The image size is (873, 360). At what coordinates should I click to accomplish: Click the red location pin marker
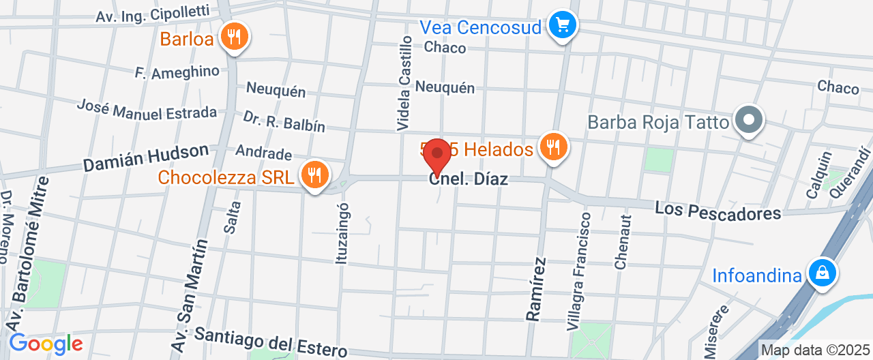436,155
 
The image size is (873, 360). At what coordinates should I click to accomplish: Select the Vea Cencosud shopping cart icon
563,26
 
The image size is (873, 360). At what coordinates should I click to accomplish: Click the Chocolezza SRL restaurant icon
314,175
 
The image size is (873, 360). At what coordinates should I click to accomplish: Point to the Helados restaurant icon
552,147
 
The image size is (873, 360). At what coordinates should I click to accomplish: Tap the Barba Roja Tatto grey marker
749,121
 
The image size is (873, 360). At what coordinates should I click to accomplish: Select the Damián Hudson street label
145,158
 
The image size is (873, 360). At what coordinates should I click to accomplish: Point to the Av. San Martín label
190,295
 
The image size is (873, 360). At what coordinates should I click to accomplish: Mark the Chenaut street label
621,242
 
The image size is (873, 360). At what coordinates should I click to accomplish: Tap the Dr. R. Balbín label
284,121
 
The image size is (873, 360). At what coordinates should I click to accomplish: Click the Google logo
45,344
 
